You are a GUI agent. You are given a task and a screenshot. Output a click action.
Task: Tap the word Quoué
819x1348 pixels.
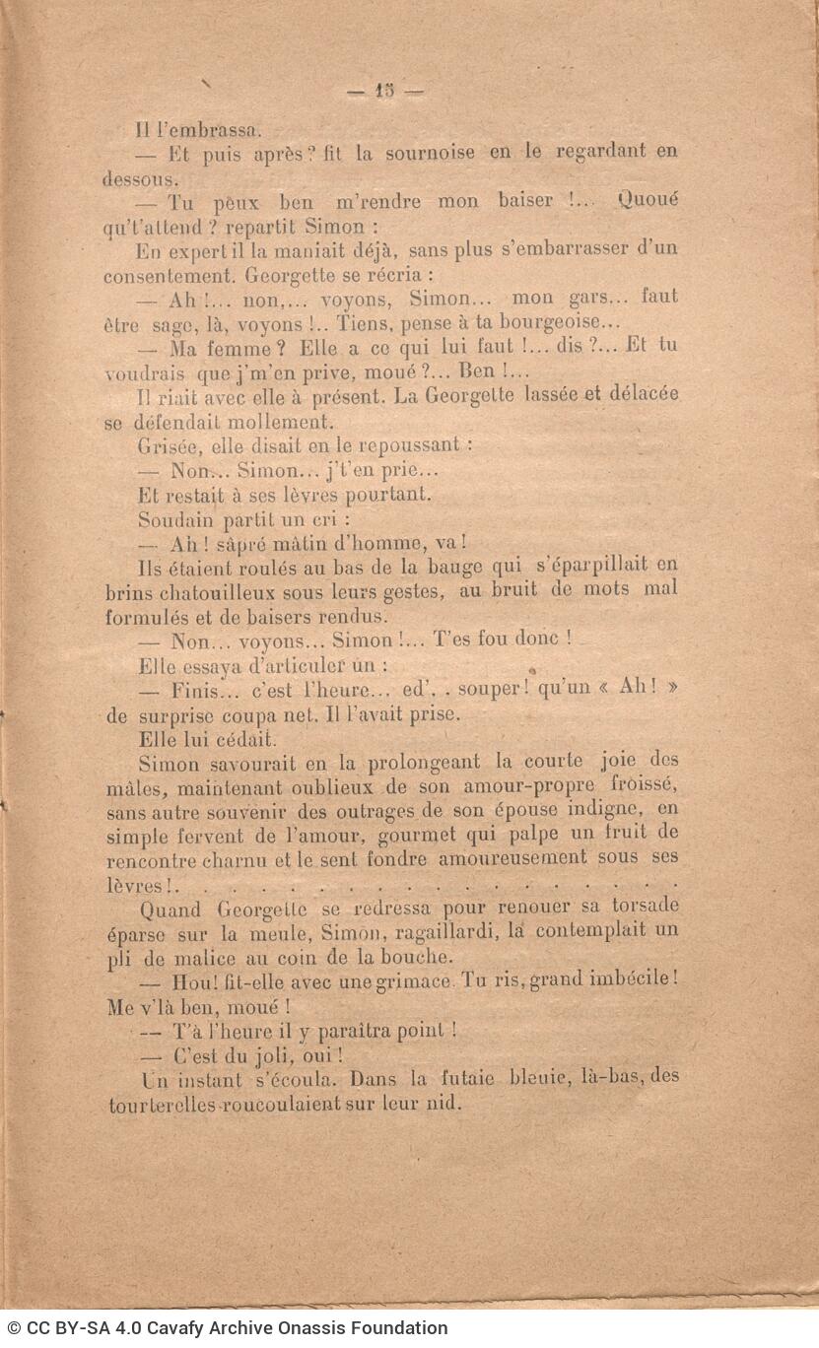pos(648,200)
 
